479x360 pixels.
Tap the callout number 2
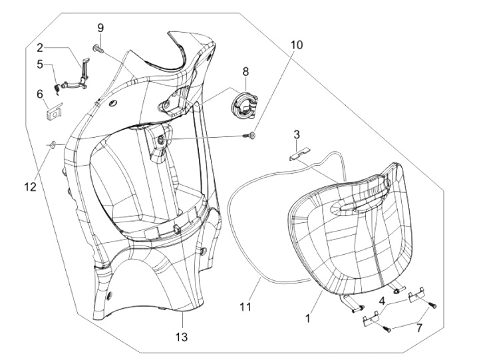[x=40, y=47]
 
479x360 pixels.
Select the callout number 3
[x=297, y=135]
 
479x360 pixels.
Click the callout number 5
[x=40, y=65]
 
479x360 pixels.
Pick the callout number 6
[x=40, y=94]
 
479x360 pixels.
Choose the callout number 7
[x=420, y=328]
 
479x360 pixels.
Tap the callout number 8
[x=245, y=71]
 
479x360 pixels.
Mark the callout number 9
[x=100, y=27]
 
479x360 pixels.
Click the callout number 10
[x=296, y=45]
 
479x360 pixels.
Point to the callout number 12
[x=31, y=188]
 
